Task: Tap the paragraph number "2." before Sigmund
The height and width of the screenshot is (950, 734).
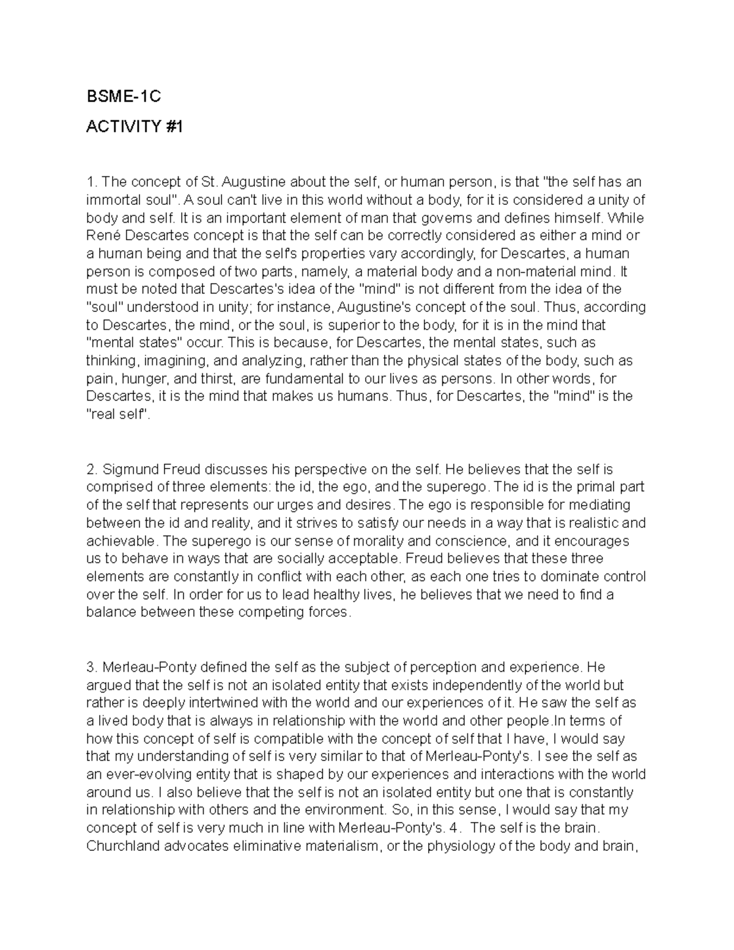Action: tap(92, 470)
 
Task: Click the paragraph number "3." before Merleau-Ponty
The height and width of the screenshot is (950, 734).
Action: tap(92, 667)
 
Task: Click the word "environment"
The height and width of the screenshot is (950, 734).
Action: tap(345, 810)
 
